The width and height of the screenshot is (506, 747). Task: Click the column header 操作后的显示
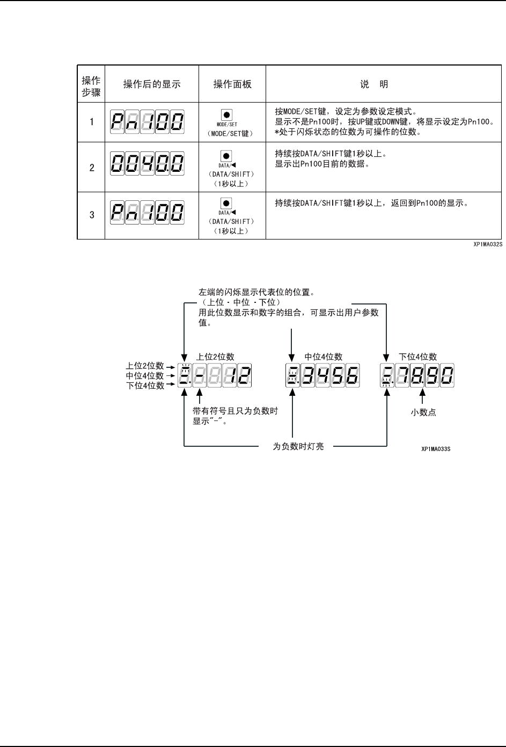tap(152, 84)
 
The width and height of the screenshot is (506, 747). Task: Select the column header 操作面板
tap(232, 84)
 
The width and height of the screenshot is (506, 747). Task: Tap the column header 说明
tap(374, 84)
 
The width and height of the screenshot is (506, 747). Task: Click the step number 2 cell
tap(92, 168)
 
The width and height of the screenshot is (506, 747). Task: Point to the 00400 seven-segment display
tap(147, 162)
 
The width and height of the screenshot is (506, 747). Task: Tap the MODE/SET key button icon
tap(226, 115)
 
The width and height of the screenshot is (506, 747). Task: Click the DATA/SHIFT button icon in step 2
tap(226, 156)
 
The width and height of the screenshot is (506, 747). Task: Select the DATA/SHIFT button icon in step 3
tap(226, 204)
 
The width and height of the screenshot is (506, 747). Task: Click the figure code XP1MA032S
tap(487, 244)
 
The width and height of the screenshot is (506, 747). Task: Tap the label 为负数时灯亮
tap(298, 446)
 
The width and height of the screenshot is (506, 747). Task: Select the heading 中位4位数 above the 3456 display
tap(324, 357)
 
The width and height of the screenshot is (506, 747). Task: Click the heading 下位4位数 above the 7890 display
tap(418, 357)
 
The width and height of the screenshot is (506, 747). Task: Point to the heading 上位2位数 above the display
tap(216, 357)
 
